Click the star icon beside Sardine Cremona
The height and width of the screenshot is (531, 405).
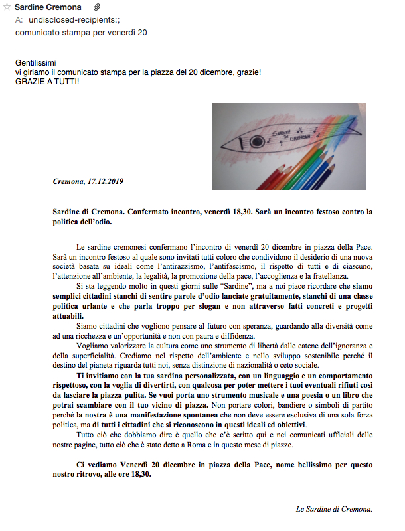click(x=7, y=7)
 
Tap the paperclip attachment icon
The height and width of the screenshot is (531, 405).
click(x=96, y=7)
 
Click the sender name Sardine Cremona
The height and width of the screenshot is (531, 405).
click(x=48, y=7)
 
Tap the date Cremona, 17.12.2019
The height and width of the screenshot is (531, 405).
click(x=88, y=181)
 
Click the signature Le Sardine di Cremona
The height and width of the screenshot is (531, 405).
click(x=334, y=509)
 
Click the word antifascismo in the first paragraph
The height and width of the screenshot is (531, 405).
click(x=223, y=266)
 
